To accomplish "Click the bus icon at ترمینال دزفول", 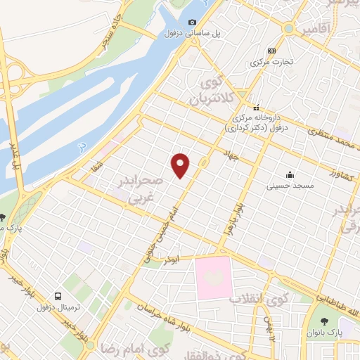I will click(58, 296).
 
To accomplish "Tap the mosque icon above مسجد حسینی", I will click(289, 174).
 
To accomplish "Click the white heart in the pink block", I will click(214, 278).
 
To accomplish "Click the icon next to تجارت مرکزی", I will click(271, 51).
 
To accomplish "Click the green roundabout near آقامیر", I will click(288, 28).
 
